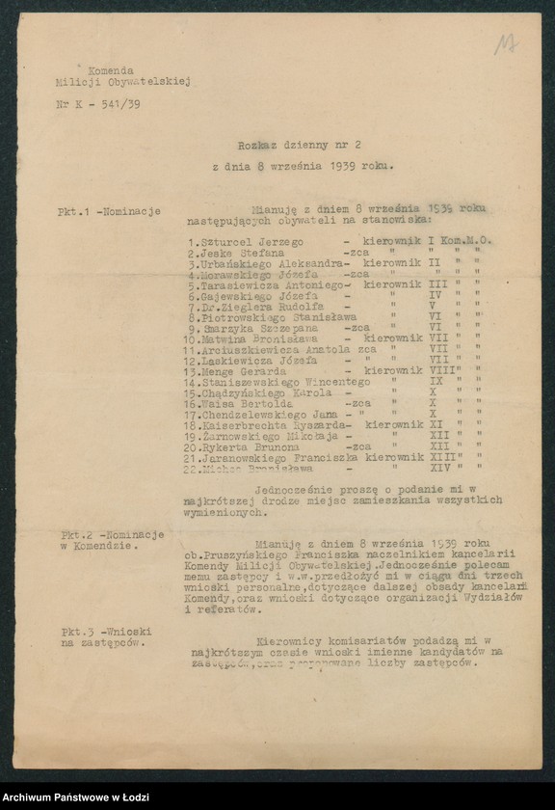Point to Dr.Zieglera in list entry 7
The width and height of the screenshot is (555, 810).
click(x=227, y=308)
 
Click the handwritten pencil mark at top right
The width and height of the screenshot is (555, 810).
click(x=505, y=43)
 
